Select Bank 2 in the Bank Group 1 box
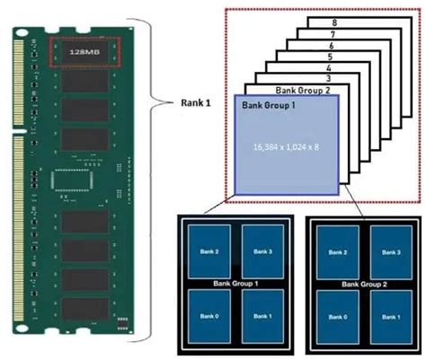tap(208, 251)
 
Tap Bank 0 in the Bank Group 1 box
tap(208, 316)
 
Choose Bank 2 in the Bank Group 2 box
tap(338, 251)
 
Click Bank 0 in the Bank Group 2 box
tap(338, 316)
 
